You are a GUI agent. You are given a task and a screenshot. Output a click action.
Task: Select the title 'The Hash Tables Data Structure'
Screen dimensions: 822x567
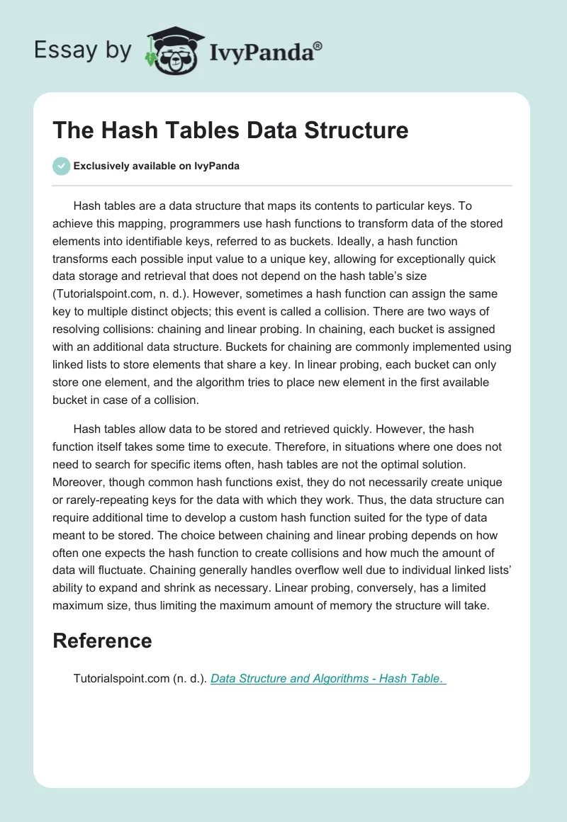[230, 130]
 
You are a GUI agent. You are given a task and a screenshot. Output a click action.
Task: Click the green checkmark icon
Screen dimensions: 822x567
[61, 166]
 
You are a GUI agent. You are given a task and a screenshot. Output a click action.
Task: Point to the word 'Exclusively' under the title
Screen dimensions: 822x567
[103, 167]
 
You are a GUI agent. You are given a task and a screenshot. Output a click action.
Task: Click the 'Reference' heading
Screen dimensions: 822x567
[102, 641]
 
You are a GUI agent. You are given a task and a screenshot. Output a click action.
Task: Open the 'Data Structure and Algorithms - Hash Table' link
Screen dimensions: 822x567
[327, 678]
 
